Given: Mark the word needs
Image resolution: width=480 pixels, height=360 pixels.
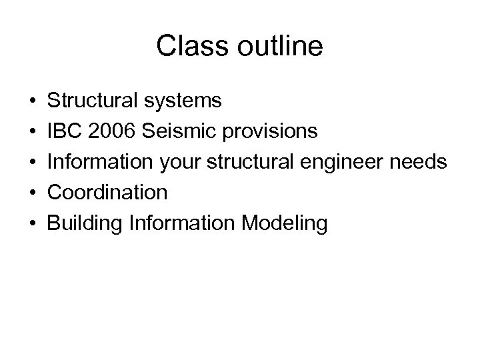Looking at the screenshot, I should click(418, 162).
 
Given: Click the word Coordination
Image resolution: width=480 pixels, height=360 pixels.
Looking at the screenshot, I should click(106, 193).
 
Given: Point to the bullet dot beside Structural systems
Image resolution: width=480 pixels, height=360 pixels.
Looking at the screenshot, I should click(32, 101).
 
